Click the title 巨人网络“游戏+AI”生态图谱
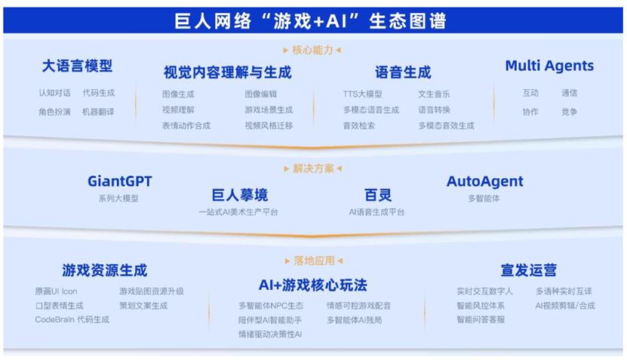[310, 21]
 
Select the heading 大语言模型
[77, 66]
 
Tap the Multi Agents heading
[549, 66]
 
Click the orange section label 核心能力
[312, 50]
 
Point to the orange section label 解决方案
[313, 168]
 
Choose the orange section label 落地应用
[315, 261]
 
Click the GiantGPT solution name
[119, 181]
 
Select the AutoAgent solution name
[484, 181]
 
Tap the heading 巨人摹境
[239, 195]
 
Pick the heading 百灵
[378, 195]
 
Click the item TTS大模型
[363, 94]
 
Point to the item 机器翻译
[98, 112]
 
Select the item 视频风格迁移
[269, 125]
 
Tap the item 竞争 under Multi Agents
[569, 112]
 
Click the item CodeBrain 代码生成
[72, 319]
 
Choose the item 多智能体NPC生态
[271, 306]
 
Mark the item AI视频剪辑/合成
[565, 306]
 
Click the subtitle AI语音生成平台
[377, 212]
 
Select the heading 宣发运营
[529, 270]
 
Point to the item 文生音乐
[435, 94]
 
